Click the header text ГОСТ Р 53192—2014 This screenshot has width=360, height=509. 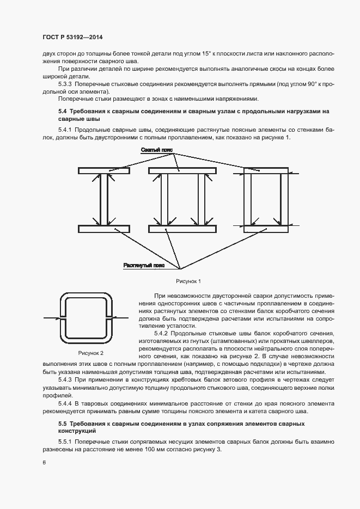[72, 37]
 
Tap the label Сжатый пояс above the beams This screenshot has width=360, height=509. [156, 149]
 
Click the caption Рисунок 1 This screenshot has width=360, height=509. [188, 281]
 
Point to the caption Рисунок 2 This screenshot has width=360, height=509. [90, 353]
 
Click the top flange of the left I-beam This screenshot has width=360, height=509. [103, 171]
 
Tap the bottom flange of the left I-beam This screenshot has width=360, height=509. [103, 229]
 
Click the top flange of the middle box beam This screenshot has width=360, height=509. [182, 171]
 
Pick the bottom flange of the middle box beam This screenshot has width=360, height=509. [182, 229]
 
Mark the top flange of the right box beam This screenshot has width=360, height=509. [265, 171]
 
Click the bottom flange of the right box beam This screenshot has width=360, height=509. [265, 229]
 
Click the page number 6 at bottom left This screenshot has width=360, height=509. [44, 462]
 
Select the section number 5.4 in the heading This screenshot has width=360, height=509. [63, 111]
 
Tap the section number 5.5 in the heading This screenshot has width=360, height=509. [63, 423]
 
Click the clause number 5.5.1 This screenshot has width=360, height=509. [66, 441]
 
